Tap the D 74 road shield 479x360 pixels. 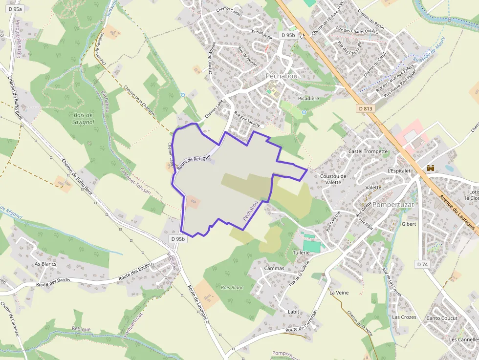point(422,264)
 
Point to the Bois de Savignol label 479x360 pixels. point(83,118)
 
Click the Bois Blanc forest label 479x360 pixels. point(232,287)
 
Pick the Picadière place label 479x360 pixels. point(308,98)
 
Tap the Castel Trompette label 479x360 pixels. point(368,151)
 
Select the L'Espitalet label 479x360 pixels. point(398,171)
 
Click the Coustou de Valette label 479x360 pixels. point(333,179)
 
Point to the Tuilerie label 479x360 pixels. point(302,253)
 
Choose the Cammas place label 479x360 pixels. point(274,268)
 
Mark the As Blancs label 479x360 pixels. point(45,264)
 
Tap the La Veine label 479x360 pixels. point(339,293)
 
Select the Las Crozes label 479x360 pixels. point(404,317)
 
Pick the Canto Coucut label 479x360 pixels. point(442,318)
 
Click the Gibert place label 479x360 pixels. point(409,224)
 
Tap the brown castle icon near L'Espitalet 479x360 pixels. point(431,168)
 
